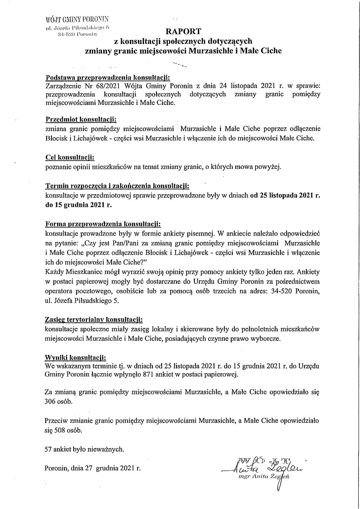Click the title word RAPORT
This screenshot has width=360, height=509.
click(x=183, y=31)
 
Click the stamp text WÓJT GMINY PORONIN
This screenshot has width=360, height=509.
click(x=77, y=20)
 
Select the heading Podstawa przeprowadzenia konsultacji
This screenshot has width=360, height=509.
click(x=104, y=77)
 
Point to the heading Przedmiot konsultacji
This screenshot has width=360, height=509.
click(x=82, y=119)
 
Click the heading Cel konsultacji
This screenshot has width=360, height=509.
click(x=70, y=157)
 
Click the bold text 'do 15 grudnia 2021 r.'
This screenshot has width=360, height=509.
click(x=77, y=203)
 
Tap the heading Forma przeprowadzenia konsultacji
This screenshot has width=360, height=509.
click(x=103, y=224)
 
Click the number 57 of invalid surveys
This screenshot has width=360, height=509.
click(x=48, y=448)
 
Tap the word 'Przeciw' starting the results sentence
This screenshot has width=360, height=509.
click(x=56, y=421)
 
